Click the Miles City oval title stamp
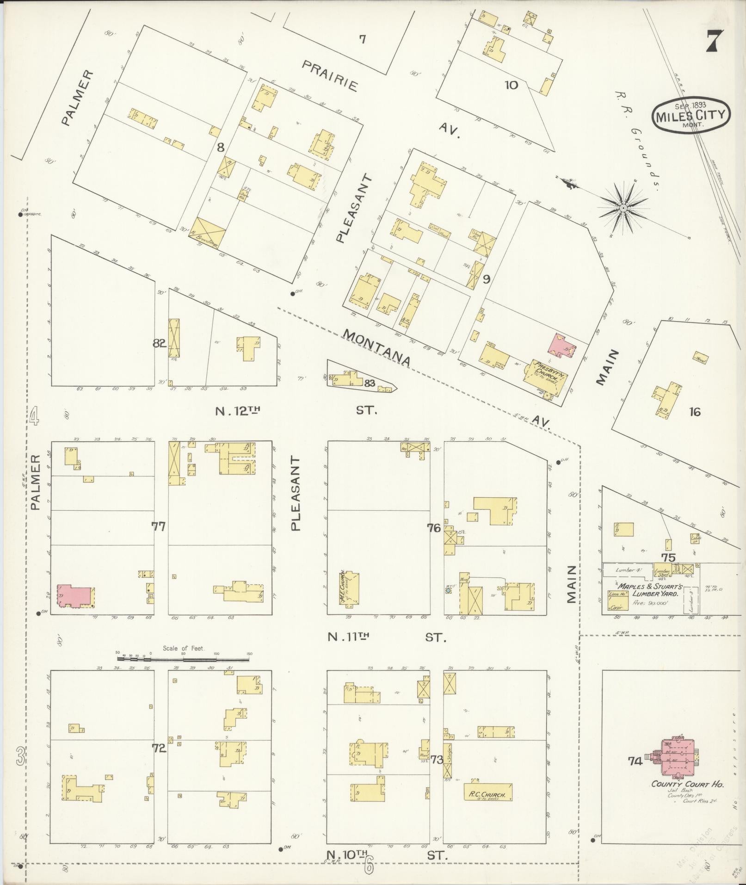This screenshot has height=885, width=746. (x=691, y=115)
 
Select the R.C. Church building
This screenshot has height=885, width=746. (x=488, y=792)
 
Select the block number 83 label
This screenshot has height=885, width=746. (x=369, y=383)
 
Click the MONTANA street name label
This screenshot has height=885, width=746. (x=377, y=347)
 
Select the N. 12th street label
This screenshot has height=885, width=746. (x=236, y=410)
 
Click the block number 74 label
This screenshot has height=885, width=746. (x=635, y=761)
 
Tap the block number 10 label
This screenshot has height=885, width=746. (x=512, y=85)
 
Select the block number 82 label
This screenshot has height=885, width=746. (x=159, y=343)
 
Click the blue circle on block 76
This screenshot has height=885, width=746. (x=448, y=590)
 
